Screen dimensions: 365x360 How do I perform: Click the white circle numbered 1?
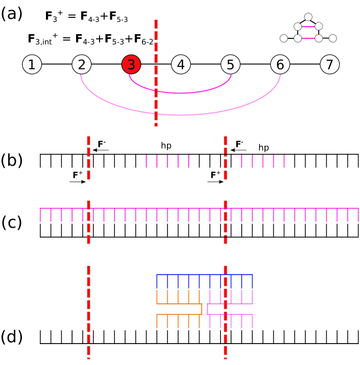click(32, 65)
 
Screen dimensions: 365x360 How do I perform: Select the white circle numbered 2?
click(82, 65)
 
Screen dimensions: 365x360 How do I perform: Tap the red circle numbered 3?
click(131, 65)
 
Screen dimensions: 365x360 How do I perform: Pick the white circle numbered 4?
click(181, 65)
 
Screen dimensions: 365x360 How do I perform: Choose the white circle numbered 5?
click(230, 65)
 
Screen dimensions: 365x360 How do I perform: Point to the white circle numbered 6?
click(280, 65)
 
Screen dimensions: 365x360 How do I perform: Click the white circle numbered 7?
click(329, 65)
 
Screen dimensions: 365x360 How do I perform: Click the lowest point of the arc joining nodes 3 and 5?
click(181, 93)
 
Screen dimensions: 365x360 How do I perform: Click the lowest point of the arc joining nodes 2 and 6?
click(181, 115)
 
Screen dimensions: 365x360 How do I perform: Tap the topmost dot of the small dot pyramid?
click(308, 17)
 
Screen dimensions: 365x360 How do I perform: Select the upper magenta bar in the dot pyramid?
click(308, 27)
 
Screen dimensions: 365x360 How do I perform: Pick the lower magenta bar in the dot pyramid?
click(308, 38)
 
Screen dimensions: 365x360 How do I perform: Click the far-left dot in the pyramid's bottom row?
click(284, 38)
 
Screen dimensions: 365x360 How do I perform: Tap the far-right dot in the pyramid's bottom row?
click(332, 38)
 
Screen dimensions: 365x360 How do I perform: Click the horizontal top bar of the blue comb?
click(204, 275)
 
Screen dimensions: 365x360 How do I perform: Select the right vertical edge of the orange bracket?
click(202, 309)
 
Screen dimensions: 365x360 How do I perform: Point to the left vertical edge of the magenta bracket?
click(207, 309)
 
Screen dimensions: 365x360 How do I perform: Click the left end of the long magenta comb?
click(40, 214)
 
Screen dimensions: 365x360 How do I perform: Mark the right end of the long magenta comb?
click(358, 214)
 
